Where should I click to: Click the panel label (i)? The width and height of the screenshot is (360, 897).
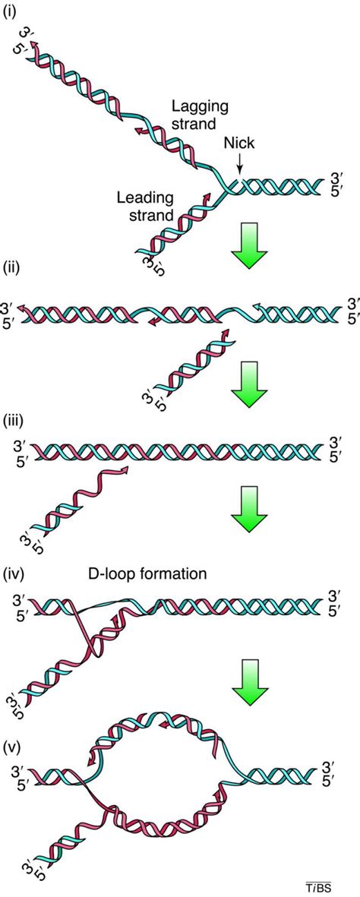pyautogui.click(x=13, y=13)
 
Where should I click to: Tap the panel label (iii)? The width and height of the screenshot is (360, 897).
pyautogui.click(x=15, y=422)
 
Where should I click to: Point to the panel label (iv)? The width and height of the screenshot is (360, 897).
pyautogui.click(x=15, y=575)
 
